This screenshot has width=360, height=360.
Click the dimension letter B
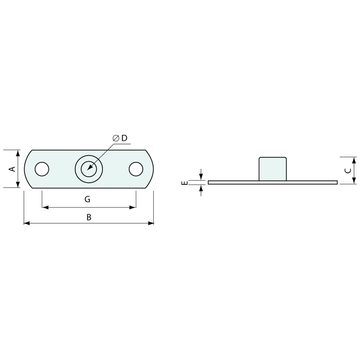[89, 217]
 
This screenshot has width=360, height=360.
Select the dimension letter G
[87, 199]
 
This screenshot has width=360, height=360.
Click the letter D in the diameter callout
[124, 138]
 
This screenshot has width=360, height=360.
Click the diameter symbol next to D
[116, 138]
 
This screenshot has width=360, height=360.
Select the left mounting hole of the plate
[42, 169]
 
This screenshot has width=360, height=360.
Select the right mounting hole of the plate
[136, 169]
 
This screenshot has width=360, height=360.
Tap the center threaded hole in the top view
[89, 169]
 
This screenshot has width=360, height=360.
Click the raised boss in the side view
[273, 169]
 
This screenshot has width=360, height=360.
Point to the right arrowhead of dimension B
[151, 223]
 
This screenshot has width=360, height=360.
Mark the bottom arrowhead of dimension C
[354, 181]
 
